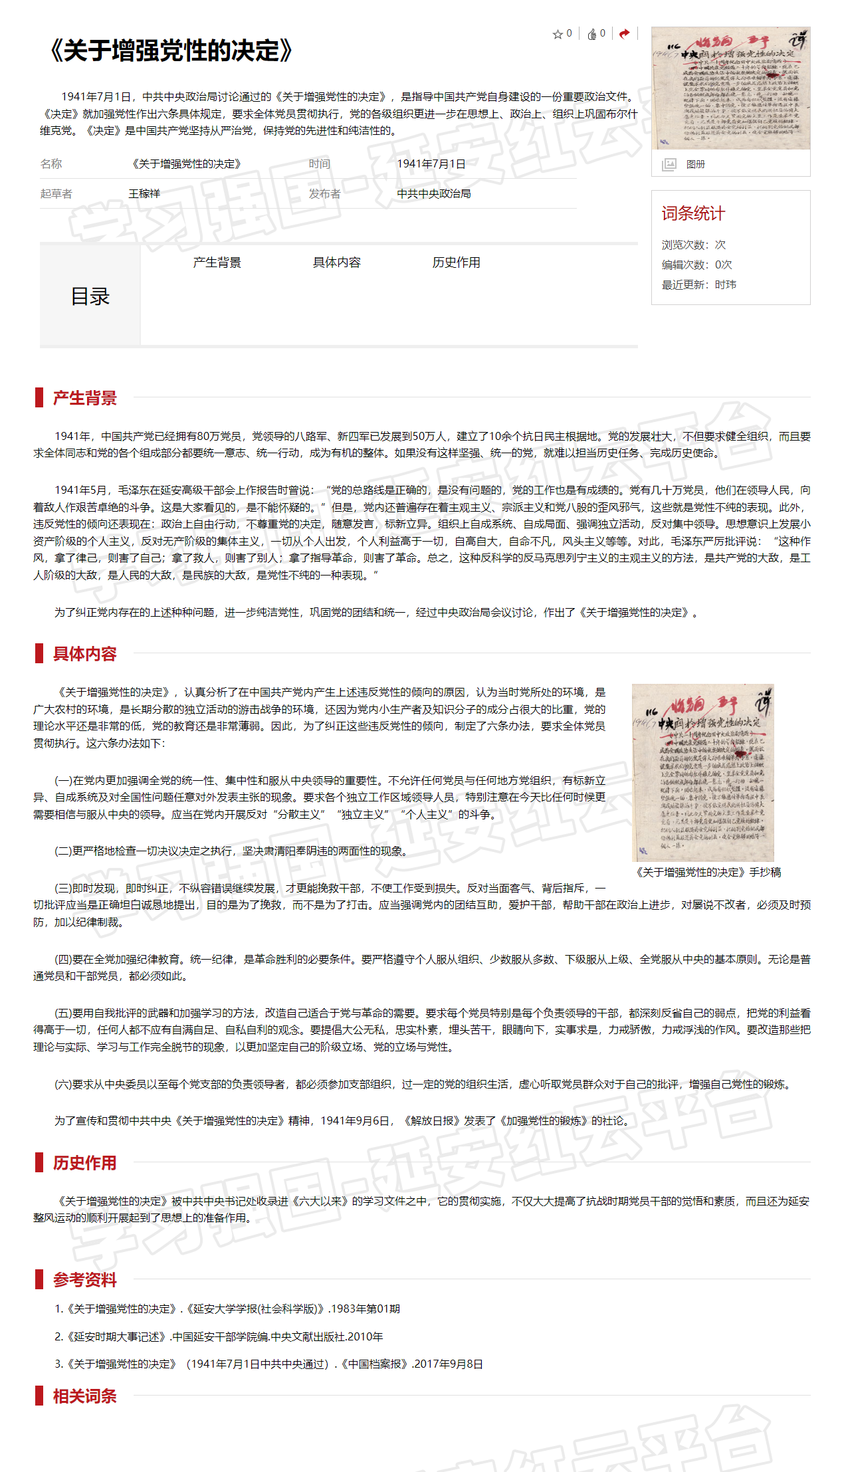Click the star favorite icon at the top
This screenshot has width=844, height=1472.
point(558,34)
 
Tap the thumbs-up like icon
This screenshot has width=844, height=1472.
point(591,34)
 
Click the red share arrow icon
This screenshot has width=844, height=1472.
point(624,34)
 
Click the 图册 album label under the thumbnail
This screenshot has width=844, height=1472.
point(695,164)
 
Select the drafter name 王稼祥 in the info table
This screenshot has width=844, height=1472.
point(144,193)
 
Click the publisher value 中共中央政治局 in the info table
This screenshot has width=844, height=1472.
point(433,193)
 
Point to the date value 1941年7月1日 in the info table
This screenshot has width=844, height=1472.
point(431,163)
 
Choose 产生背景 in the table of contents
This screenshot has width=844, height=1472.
point(217,263)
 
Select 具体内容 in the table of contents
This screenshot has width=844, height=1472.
point(336,263)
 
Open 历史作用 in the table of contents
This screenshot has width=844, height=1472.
point(456,263)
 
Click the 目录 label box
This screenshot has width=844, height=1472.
point(90,296)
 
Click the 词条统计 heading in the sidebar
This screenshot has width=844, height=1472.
point(693,213)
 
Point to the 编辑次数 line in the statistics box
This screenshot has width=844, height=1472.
point(696,264)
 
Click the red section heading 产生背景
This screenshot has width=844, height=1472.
point(84,398)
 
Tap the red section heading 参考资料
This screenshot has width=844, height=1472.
point(84,1279)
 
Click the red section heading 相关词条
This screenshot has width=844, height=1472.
point(84,1396)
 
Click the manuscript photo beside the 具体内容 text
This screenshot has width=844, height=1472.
point(703,772)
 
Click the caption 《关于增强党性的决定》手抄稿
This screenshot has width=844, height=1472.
point(708,872)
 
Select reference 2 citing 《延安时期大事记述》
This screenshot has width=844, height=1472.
point(219,1336)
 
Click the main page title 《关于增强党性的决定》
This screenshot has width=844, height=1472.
point(171,51)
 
